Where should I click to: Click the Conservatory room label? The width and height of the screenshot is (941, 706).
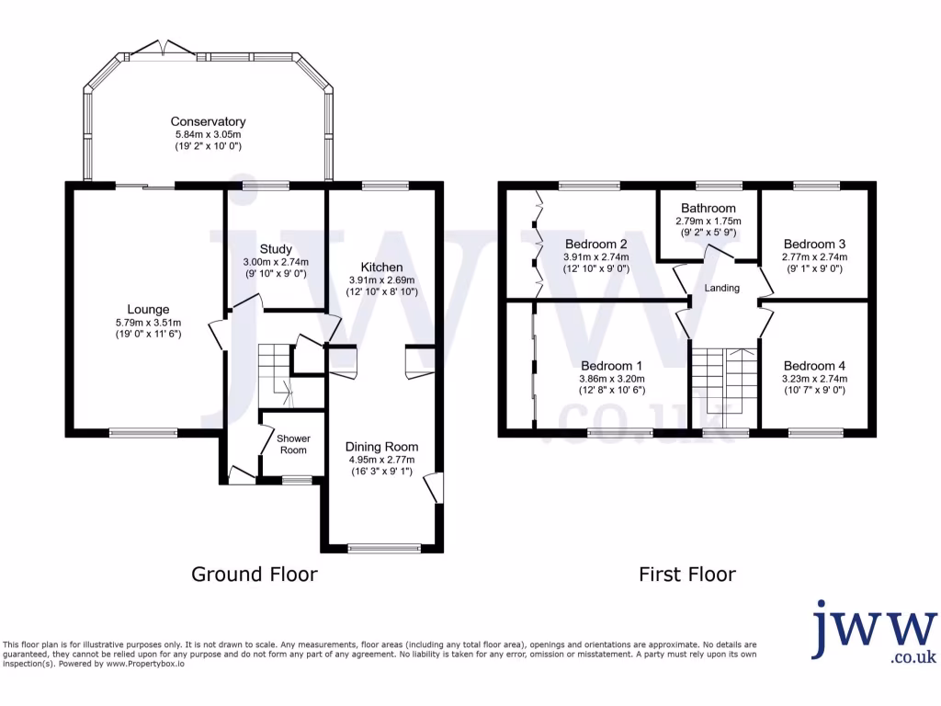pos(208,121)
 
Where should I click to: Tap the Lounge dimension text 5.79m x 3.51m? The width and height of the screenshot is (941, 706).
pos(148,323)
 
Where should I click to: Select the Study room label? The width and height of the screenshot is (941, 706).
pos(276,249)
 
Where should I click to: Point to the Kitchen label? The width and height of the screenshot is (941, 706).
pos(382,267)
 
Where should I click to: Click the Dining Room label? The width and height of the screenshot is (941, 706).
pos(381,447)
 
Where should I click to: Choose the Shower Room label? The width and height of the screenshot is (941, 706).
pos(293,444)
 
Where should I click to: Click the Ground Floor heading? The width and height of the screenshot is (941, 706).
pos(254,575)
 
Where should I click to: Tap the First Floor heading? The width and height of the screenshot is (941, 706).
pos(687,575)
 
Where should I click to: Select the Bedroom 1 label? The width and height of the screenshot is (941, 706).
pos(612,365)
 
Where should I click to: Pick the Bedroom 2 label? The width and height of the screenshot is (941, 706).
pos(596,244)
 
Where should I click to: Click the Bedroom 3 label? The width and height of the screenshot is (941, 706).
pos(814,244)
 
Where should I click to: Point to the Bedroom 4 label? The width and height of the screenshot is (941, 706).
pos(815,365)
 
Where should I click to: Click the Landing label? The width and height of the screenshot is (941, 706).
pos(721,288)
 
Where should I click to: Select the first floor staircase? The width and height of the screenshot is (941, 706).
pos(722,381)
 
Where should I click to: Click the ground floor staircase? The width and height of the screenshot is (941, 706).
pos(276,372)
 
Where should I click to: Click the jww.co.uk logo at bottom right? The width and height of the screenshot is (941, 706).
pos(873,632)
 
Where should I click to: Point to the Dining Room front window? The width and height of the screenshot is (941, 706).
pos(385,549)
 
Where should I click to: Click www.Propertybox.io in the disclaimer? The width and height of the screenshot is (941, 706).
pos(144,663)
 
